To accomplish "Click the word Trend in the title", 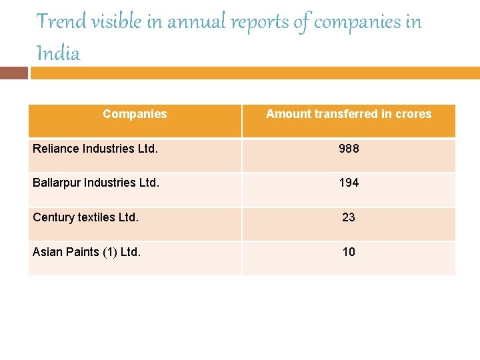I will pos(61,22).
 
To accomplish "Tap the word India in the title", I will pos(59,53).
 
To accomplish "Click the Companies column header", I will pos(135,114).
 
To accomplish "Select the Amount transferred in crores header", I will pos(349,114).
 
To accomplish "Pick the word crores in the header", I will pos(413,114).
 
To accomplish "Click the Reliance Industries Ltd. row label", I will pos(95,149).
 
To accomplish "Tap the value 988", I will pos(349,149).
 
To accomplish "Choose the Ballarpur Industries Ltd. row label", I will pos(96,183).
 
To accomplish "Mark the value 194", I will pos(349,183).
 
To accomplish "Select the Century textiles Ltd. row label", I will pos(86,217).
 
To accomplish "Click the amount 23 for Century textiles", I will pos(349,217).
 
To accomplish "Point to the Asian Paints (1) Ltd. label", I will pos(87,252).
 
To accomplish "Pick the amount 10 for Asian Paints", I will pos(349,252).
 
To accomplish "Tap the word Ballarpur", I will pos(56,183).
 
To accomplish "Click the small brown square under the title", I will pos(13,73).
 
